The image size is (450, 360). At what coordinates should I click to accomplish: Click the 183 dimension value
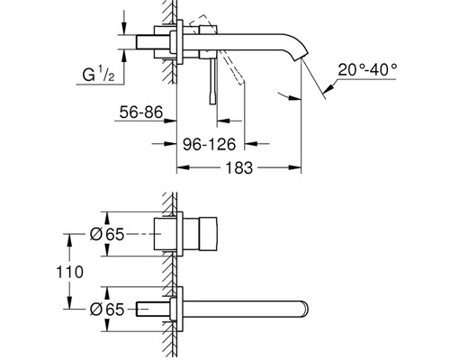click(239, 167)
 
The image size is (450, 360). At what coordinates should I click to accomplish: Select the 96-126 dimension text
click(210, 145)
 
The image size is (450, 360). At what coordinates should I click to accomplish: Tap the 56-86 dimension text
click(141, 112)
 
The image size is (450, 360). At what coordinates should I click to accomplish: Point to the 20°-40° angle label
click(367, 70)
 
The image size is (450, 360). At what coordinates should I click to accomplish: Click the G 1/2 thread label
click(98, 75)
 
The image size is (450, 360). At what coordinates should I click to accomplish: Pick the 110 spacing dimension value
click(70, 272)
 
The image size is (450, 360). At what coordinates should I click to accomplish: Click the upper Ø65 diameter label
click(107, 234)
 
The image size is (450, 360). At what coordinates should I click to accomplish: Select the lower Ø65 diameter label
click(107, 310)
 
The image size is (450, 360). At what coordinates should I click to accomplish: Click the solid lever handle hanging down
click(212, 81)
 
